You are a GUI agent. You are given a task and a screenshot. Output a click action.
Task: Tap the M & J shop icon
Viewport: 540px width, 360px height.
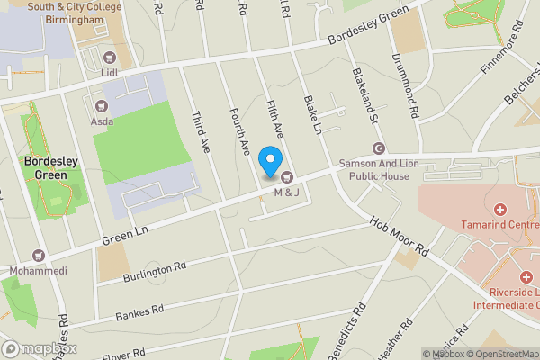click(x=287, y=176)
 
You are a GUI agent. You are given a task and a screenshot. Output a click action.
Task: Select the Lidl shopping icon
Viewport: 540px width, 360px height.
click(x=112, y=56)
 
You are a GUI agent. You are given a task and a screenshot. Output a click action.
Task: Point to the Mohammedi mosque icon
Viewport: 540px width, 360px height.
click(x=38, y=256)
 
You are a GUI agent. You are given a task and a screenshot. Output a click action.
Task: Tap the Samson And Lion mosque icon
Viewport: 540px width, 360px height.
click(x=378, y=148)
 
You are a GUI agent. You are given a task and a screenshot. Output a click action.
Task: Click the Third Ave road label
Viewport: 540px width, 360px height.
click(x=201, y=131)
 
